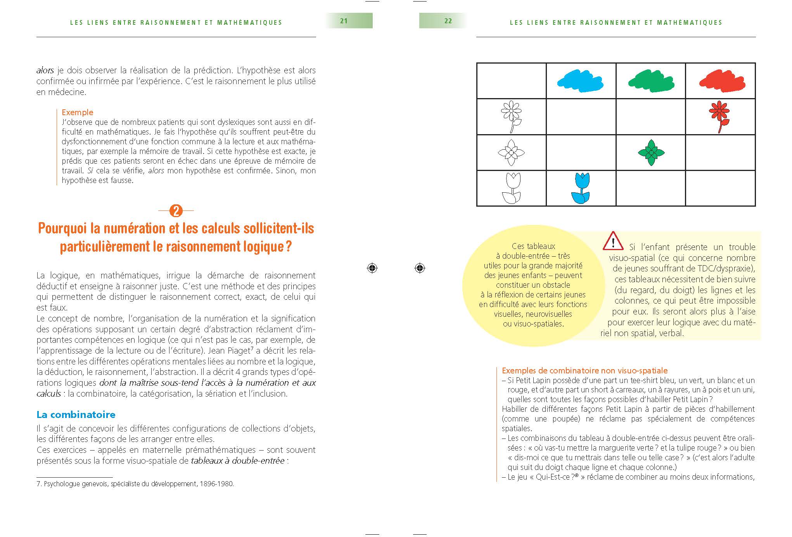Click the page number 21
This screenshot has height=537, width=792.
click(344, 21)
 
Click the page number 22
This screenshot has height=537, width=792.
click(448, 21)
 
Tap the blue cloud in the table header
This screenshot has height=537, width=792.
click(580, 81)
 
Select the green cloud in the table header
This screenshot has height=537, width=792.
click(650, 81)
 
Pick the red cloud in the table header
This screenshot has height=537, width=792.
click(721, 81)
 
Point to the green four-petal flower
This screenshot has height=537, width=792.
click(651, 152)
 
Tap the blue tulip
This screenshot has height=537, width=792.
click(581, 188)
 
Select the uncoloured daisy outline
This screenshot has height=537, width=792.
click(512, 116)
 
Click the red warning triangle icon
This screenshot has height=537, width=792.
click(612, 241)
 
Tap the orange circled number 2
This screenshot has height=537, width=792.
click(176, 211)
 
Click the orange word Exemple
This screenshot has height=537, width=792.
click(78, 112)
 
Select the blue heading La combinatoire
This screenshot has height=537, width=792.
click(76, 414)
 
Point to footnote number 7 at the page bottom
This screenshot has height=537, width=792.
click(38, 484)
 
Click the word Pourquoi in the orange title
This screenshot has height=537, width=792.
click(62, 229)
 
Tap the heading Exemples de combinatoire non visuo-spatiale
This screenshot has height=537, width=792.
click(584, 371)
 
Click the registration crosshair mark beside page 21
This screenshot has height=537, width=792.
click(372, 268)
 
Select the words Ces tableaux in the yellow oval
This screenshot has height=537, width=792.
click(533, 246)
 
